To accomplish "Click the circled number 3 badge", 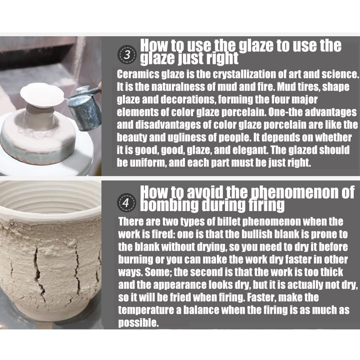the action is [127, 54].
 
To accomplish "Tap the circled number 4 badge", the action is [126, 202].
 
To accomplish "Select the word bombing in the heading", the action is [169, 205].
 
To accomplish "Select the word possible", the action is [138, 323].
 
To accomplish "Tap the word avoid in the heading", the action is [205, 192].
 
